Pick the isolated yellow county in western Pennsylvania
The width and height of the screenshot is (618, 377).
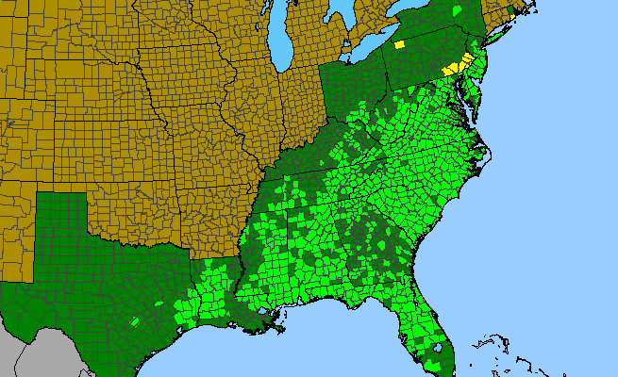[x=400, y=43]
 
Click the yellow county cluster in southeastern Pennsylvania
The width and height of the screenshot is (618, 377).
[x=456, y=66]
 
